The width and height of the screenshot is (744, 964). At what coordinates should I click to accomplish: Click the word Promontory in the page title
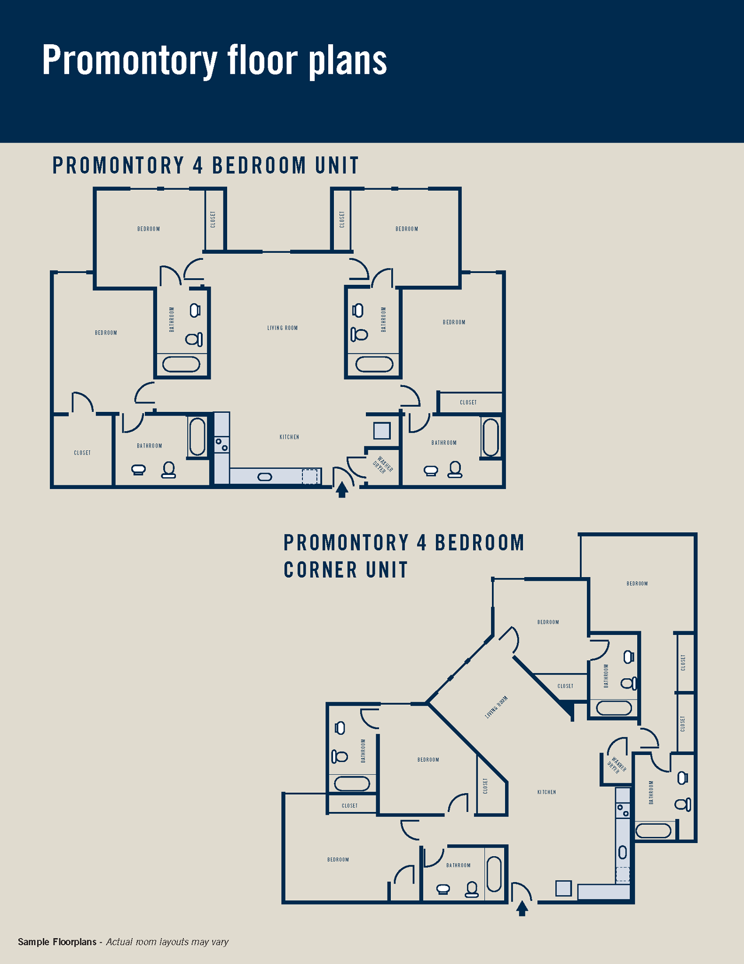tap(130, 61)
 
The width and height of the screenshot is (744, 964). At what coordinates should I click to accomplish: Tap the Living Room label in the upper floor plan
tap(283, 328)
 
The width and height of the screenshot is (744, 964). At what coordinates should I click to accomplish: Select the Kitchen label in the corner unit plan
tap(546, 792)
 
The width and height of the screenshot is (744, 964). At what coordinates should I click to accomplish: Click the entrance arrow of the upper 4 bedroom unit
tap(342, 489)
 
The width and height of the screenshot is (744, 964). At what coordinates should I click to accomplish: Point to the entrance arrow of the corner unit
tap(522, 908)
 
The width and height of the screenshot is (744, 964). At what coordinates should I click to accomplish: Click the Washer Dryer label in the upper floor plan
tap(382, 465)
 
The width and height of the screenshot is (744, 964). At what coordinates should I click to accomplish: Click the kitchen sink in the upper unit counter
tap(265, 477)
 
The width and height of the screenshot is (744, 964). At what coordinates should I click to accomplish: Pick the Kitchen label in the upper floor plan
tap(289, 437)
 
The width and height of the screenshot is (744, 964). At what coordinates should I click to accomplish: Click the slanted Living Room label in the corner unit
tap(496, 707)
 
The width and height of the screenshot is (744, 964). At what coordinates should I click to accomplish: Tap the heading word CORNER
tap(320, 570)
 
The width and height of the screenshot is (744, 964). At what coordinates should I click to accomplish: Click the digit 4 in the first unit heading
tap(198, 165)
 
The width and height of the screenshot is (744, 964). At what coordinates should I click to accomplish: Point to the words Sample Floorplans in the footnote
tap(57, 942)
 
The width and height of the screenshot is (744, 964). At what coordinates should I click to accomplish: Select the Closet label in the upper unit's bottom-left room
tap(82, 453)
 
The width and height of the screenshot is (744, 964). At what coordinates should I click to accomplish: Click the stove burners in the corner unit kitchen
tap(623, 810)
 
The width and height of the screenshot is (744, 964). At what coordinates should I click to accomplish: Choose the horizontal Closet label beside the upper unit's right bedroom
tap(468, 402)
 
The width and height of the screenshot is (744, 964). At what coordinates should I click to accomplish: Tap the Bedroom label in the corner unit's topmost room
tap(637, 584)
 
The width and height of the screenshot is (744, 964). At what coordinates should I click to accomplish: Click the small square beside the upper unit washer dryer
tap(382, 431)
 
